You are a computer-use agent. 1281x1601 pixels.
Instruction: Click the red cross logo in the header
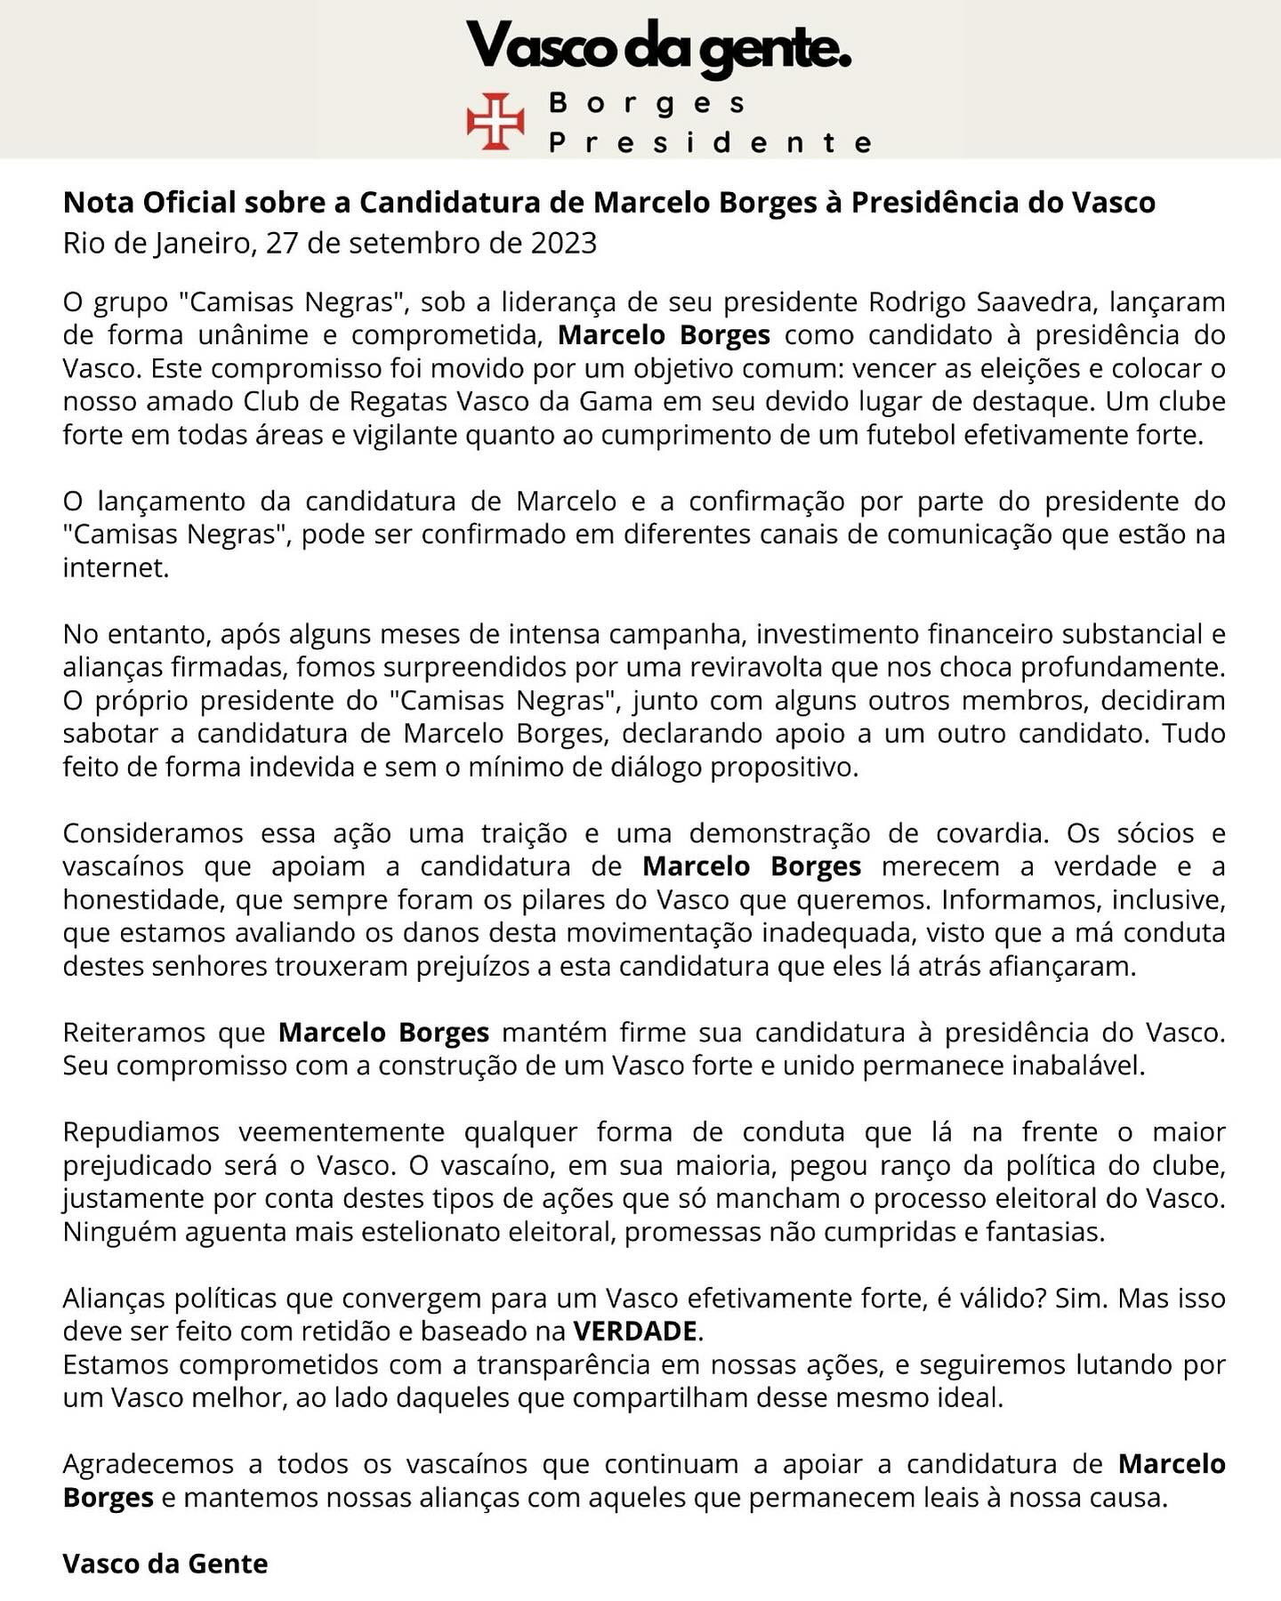click(x=495, y=121)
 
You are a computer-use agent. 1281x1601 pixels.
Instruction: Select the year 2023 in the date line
click(x=564, y=243)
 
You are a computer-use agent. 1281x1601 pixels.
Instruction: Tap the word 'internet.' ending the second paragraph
click(x=116, y=567)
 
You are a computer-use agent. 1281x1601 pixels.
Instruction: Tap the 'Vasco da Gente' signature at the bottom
click(x=165, y=1564)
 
